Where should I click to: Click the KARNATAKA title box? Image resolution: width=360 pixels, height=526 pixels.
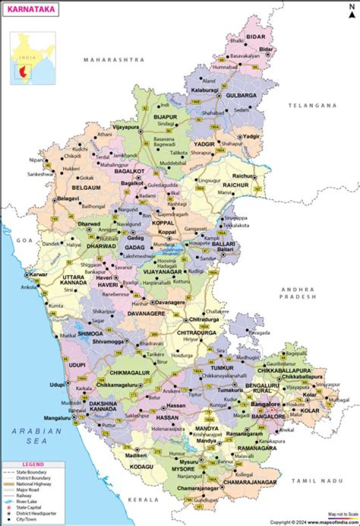(x=29, y=8)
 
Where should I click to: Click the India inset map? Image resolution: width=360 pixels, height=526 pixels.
(x=33, y=54)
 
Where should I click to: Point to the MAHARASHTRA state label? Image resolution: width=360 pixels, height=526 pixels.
(x=114, y=60)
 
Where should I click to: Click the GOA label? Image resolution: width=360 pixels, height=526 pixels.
(x=23, y=240)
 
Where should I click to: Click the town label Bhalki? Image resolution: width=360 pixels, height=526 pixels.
(x=237, y=40)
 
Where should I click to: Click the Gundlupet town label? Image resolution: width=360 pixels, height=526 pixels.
(x=206, y=499)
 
